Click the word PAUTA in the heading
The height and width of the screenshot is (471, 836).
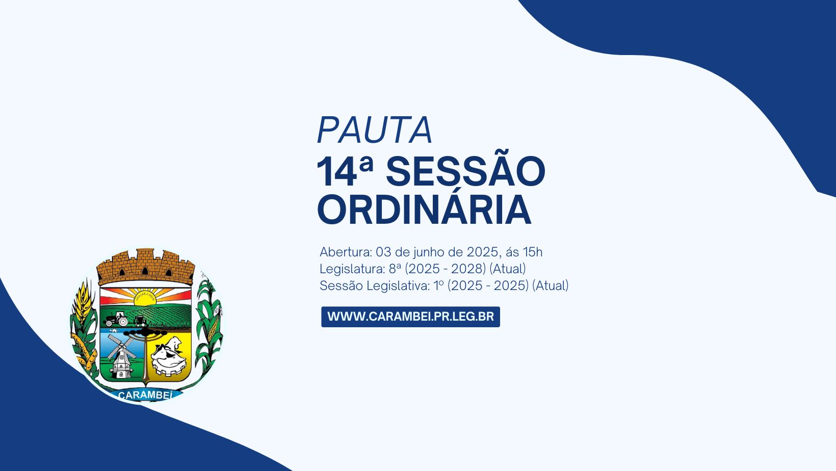(375, 130)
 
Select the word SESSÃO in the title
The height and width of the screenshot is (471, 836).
(465, 172)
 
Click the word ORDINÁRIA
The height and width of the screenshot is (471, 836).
(424, 210)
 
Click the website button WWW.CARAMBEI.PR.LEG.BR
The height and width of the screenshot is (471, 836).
(410, 317)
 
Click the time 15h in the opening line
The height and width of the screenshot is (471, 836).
(532, 252)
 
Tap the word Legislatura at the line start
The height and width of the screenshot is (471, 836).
(351, 269)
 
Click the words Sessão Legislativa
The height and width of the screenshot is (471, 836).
(374, 285)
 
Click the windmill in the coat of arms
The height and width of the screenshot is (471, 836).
(121, 355)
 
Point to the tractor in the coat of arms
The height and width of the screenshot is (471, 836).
(117, 320)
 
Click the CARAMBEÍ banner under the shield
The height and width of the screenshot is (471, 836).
(145, 395)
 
